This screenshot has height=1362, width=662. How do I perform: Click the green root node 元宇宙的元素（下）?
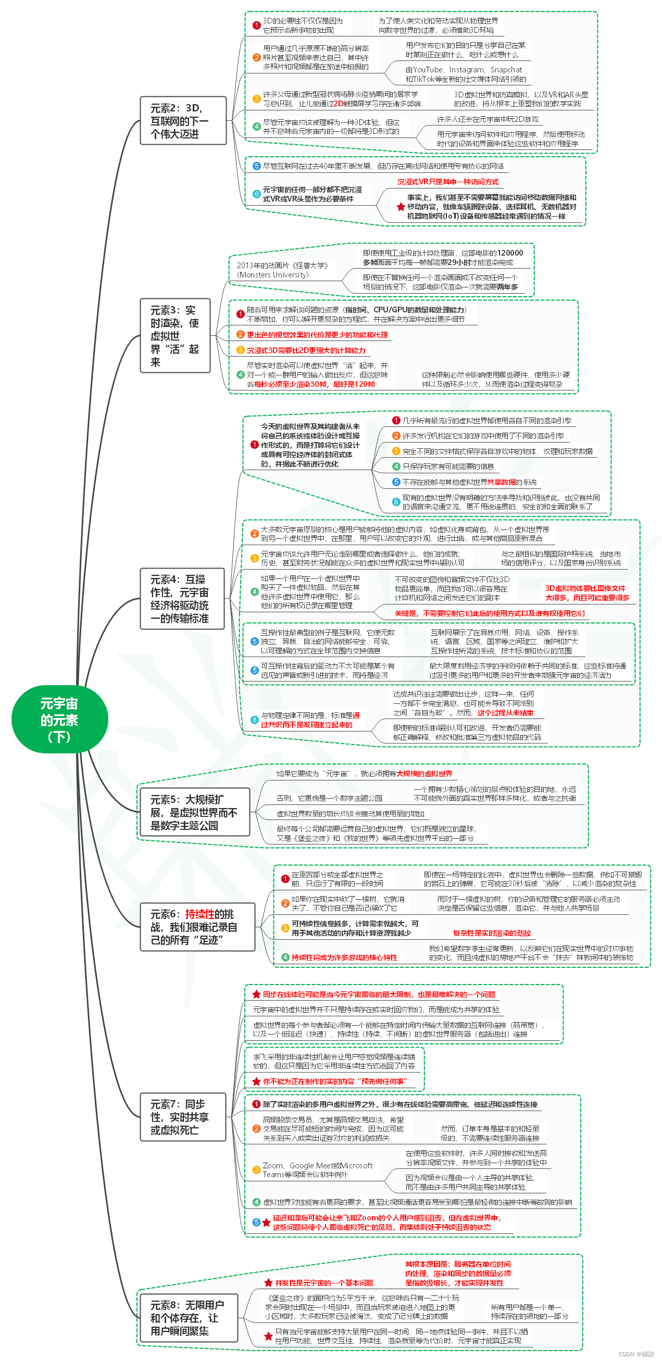click(x=59, y=720)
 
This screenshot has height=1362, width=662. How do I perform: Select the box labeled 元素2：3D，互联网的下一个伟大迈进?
click(x=183, y=121)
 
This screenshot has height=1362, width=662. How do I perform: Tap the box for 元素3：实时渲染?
click(x=175, y=336)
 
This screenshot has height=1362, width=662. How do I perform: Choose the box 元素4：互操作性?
click(x=182, y=599)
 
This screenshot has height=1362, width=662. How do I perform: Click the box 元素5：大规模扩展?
click(x=194, y=812)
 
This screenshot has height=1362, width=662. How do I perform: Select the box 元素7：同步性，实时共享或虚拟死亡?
click(x=183, y=1117)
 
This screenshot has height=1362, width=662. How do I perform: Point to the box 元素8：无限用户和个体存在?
click(x=188, y=1318)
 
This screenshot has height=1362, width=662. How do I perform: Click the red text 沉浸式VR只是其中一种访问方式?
click(x=448, y=182)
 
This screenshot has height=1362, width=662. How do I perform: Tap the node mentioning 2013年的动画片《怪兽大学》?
click(x=283, y=270)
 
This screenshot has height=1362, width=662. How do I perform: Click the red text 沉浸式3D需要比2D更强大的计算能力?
click(x=306, y=350)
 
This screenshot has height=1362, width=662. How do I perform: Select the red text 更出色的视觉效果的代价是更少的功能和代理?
click(x=317, y=335)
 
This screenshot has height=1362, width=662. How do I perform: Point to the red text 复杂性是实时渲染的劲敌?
click(x=491, y=933)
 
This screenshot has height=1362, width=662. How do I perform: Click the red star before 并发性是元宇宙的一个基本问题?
click(x=268, y=1283)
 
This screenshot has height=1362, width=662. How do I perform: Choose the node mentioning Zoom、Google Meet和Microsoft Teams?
click(x=317, y=1169)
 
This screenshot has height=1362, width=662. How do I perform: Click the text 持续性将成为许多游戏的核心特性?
click(x=344, y=957)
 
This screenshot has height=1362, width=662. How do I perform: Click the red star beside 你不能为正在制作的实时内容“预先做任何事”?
click(x=256, y=1081)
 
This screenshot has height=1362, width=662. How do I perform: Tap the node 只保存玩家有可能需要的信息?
click(x=448, y=466)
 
